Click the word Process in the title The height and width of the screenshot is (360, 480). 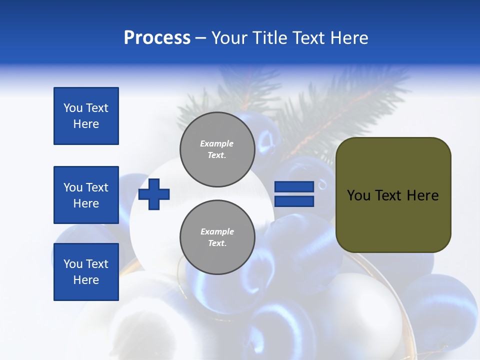click(x=157, y=38)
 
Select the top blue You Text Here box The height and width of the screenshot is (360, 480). click(x=86, y=116)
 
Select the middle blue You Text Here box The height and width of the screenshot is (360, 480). click(x=86, y=195)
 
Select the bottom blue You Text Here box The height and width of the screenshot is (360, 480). click(x=86, y=272)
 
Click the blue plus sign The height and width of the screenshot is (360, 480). click(x=154, y=194)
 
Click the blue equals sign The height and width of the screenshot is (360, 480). click(x=294, y=194)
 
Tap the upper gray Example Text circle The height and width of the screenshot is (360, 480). click(x=217, y=149)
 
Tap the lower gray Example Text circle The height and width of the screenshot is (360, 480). click(x=217, y=237)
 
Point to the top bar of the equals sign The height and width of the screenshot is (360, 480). click(x=294, y=187)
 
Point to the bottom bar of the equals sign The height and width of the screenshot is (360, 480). click(x=294, y=201)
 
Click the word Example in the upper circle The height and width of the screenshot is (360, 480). click(x=217, y=143)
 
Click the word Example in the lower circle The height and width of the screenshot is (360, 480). click(x=217, y=231)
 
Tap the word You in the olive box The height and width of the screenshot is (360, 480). click(x=358, y=195)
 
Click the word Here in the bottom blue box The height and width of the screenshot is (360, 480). click(x=86, y=280)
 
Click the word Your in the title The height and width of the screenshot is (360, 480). click(x=229, y=38)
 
